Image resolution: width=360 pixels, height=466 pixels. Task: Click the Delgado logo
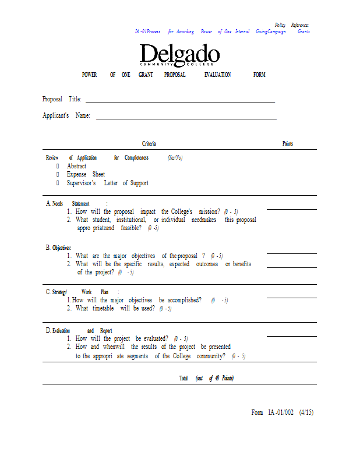179,55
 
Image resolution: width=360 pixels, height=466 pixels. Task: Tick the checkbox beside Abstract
58,166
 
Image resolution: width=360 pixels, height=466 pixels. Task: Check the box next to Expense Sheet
58,174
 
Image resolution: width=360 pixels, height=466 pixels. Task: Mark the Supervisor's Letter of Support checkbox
58,183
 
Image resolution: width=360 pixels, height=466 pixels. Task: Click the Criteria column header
149,144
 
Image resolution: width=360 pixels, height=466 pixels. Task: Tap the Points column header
288,144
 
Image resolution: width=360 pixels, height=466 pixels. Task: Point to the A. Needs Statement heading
68,203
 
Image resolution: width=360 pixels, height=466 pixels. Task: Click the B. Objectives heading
59,248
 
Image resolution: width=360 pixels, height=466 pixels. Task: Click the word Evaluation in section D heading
61,330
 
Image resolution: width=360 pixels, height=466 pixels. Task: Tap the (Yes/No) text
175,158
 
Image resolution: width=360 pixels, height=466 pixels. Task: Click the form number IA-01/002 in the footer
281,412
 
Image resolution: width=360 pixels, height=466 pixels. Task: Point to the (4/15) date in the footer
306,412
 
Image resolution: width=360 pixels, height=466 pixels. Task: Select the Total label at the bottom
183,379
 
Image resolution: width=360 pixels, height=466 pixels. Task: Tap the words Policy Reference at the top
292,25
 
